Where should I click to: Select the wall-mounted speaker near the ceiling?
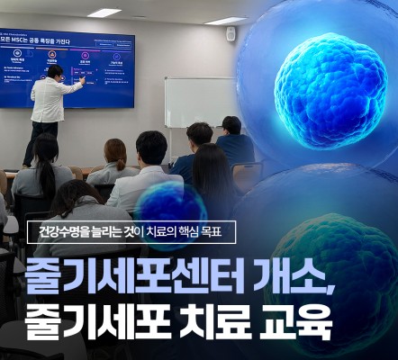pos(231,33)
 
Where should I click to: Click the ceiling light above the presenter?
pos(104,13)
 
